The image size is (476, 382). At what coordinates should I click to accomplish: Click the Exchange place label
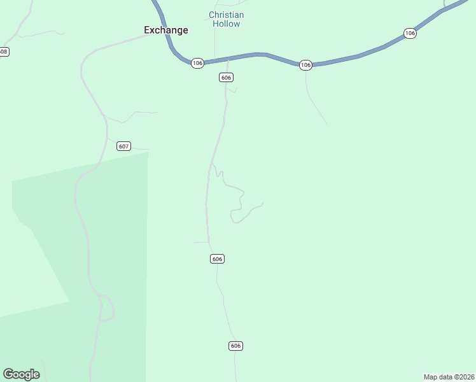coord(165,30)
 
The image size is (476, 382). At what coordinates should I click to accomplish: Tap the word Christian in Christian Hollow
coord(226,15)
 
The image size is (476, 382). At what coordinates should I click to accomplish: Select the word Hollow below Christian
coord(227,24)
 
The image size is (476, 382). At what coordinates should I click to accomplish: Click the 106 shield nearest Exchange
coord(197,63)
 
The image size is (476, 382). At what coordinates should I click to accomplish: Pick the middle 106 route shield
coord(305,65)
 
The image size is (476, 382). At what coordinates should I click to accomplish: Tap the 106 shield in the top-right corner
coord(410,33)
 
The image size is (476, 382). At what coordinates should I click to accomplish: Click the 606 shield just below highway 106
coord(226,77)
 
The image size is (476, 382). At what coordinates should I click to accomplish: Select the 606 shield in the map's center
coord(217,258)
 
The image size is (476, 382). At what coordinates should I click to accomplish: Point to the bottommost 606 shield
coord(235,346)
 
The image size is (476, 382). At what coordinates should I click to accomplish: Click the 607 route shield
coord(123,146)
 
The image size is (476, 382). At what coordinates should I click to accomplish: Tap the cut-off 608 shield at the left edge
coord(4,52)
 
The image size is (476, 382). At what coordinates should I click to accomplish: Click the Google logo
coord(21,374)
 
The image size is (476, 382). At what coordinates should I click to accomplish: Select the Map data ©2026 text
coord(449,377)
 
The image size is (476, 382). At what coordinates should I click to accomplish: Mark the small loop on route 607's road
coord(107,308)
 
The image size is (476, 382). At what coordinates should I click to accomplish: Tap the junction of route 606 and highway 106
coord(227,60)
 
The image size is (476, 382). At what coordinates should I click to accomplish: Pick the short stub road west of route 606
coord(200,242)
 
